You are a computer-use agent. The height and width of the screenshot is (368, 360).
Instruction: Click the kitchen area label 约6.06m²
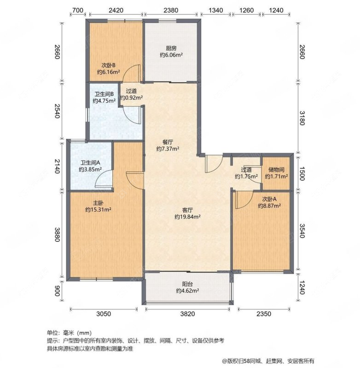[171, 55]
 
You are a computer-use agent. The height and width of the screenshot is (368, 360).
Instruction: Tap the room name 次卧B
[108, 65]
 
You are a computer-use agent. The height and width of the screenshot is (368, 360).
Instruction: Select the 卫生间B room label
[104, 94]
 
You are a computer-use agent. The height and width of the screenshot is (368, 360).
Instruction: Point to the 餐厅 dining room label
[168, 142]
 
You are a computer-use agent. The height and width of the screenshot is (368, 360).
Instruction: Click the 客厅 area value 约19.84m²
[187, 217]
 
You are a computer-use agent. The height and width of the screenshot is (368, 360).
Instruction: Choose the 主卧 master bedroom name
[98, 203]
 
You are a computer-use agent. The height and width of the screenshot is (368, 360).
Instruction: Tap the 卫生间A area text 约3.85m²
[90, 169]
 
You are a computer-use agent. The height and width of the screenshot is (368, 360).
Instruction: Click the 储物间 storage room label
[276, 169]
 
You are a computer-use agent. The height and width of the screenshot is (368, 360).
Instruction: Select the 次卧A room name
[269, 199]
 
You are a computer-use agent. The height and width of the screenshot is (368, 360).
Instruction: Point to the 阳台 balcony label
[187, 284]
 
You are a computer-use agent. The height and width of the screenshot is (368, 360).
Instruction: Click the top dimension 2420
[116, 10]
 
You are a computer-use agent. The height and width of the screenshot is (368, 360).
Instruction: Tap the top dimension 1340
[215, 10]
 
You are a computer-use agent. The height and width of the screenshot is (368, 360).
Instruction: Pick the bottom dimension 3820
[187, 314]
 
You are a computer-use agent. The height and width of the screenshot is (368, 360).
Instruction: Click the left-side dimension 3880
[58, 234]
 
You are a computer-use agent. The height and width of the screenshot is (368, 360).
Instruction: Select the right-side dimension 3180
[302, 118]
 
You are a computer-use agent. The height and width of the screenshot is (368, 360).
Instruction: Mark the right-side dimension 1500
[302, 174]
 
